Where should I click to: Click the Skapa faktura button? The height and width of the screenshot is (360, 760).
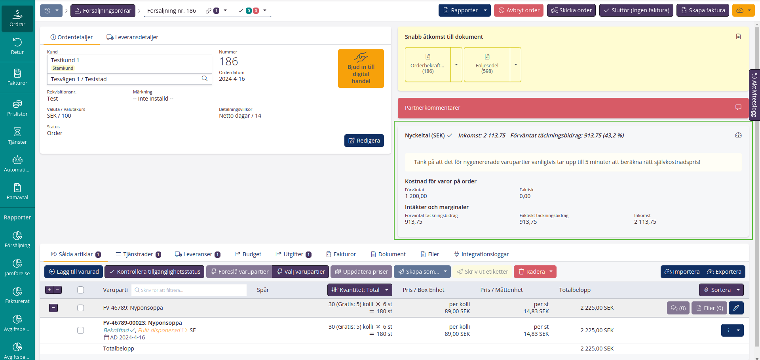[x=703, y=10]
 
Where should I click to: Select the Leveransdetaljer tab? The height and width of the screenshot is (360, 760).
[x=132, y=37]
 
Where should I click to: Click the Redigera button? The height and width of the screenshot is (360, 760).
[x=364, y=141]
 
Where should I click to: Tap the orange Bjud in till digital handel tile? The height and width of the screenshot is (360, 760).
[x=361, y=69]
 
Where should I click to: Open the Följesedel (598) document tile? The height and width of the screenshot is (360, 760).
[x=487, y=65]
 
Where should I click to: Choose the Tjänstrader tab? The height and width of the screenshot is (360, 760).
[x=138, y=254]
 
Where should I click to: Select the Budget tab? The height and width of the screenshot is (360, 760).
[x=248, y=254]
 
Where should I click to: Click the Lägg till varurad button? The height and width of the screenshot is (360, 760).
[x=74, y=272]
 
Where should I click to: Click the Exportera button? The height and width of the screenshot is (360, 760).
[x=724, y=272]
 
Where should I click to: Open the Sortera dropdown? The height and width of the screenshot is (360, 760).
[x=721, y=290]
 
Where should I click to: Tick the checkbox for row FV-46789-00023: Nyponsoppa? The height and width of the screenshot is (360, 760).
[x=80, y=330]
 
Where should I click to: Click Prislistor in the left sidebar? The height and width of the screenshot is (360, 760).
[x=17, y=108]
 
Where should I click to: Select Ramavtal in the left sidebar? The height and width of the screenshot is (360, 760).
[x=17, y=192]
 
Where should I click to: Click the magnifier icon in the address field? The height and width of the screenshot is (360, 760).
[x=205, y=78]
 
